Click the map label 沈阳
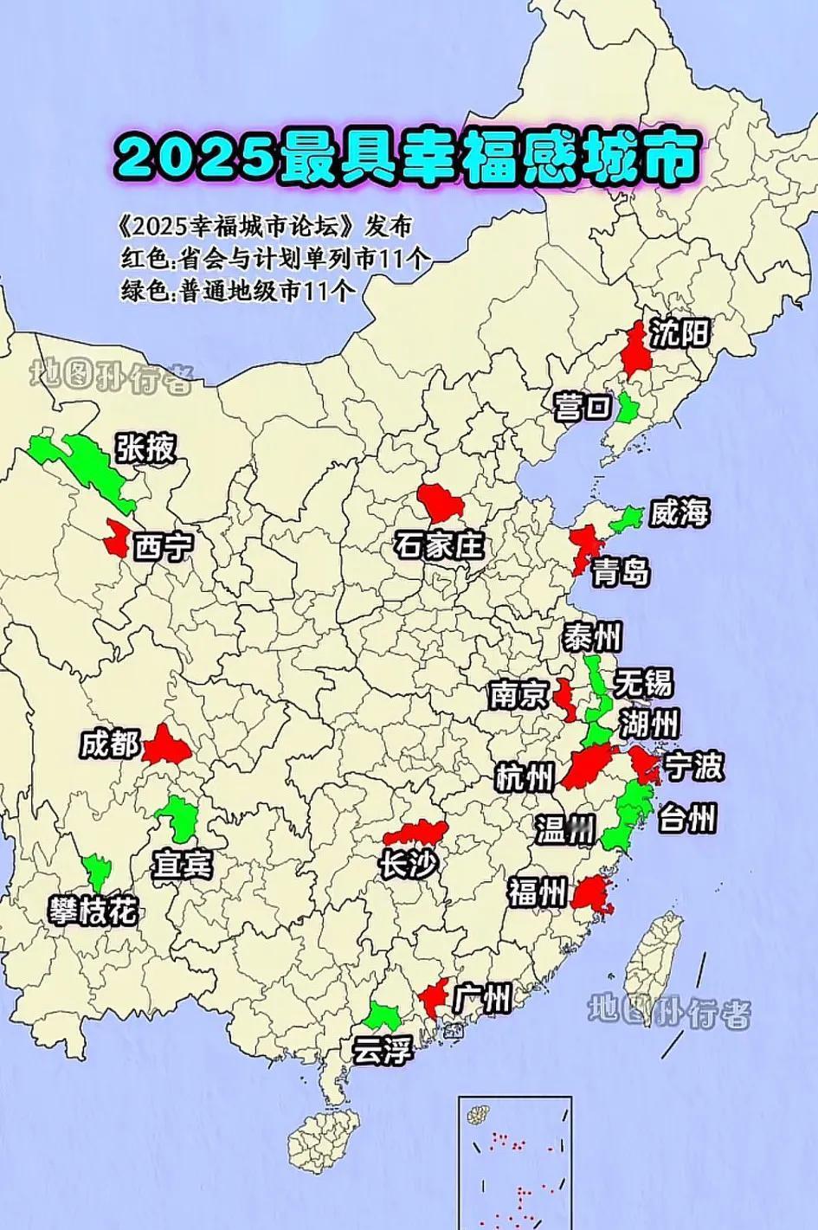(x=680, y=332)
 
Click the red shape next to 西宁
(x=115, y=538)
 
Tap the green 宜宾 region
(x=179, y=817)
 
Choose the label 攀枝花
(x=93, y=911)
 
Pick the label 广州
(x=481, y=1000)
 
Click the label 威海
(x=680, y=512)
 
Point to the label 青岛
(x=622, y=571)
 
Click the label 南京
(x=518, y=695)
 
